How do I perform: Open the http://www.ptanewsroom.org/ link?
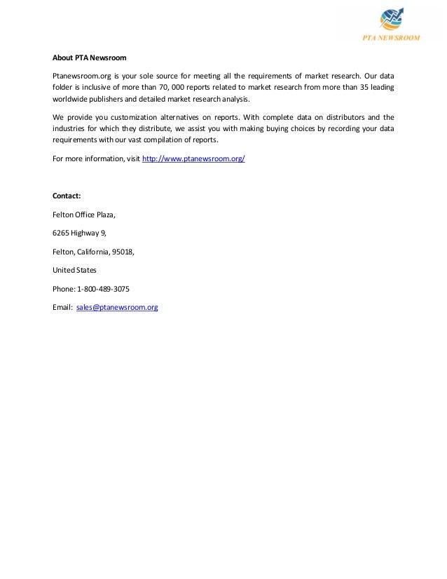click(193, 159)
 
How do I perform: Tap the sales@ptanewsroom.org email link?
click(116, 307)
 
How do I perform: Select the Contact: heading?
click(67, 196)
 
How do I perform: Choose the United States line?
click(75, 270)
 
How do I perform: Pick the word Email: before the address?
click(62, 307)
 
